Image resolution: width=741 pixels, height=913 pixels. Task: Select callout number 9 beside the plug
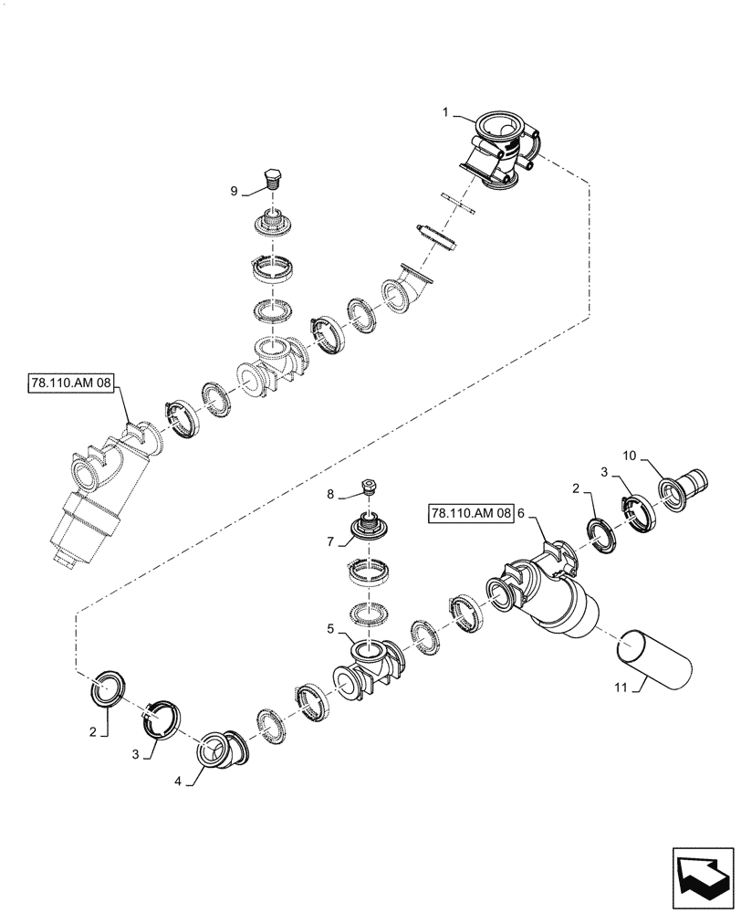click(235, 191)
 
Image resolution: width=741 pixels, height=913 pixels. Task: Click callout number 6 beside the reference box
click(522, 515)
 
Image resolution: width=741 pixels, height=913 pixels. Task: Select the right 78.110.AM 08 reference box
click(470, 515)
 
